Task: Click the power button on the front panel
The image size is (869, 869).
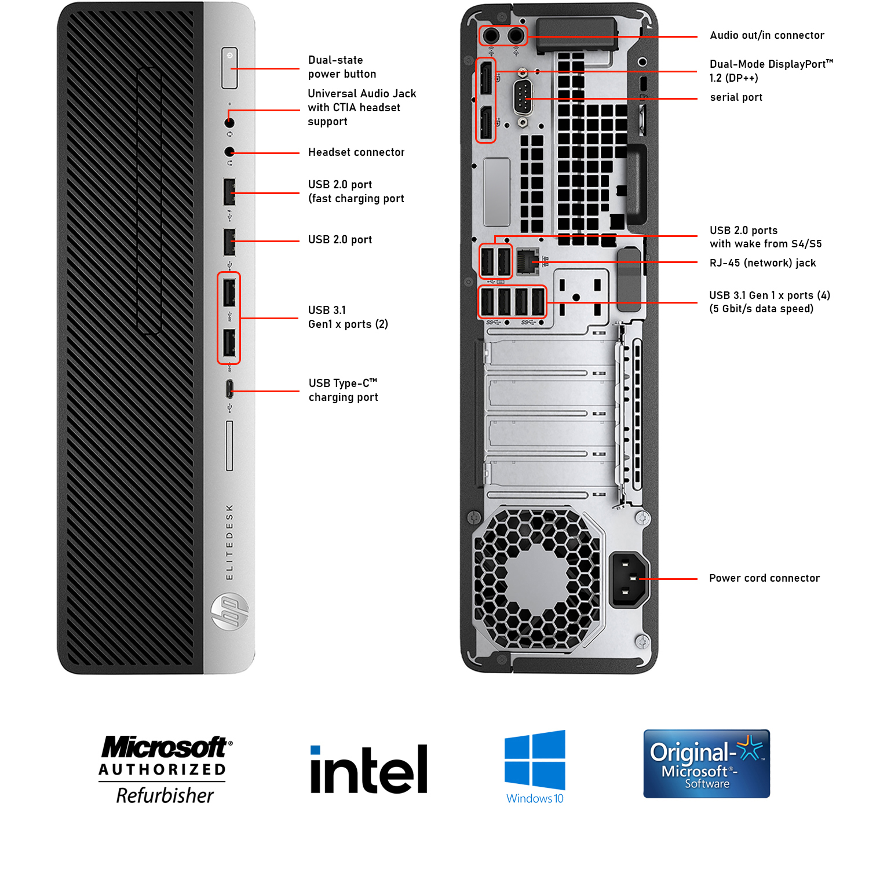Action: (229, 68)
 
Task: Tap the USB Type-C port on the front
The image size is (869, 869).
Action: (229, 389)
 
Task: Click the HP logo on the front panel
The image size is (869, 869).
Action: (230, 612)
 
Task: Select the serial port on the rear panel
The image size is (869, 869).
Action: (523, 98)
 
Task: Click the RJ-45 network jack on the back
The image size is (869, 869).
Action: (527, 261)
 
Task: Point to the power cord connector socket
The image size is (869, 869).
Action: (628, 578)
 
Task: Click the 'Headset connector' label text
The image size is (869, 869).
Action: (356, 152)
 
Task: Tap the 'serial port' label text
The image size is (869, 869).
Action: (736, 97)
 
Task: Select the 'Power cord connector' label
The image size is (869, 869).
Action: (764, 578)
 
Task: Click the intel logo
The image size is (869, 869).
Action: (368, 769)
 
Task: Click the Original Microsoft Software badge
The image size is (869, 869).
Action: (706, 764)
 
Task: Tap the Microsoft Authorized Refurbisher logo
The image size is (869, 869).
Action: (165, 769)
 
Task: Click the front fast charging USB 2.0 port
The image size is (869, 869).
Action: (229, 191)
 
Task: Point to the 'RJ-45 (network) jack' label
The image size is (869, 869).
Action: (762, 263)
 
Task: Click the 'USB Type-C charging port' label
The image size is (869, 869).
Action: (343, 390)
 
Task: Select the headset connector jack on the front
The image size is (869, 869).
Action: (229, 152)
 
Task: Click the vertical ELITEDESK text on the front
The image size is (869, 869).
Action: (229, 542)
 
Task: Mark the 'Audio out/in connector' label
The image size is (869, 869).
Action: (766, 35)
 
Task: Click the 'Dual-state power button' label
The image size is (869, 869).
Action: (342, 67)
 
